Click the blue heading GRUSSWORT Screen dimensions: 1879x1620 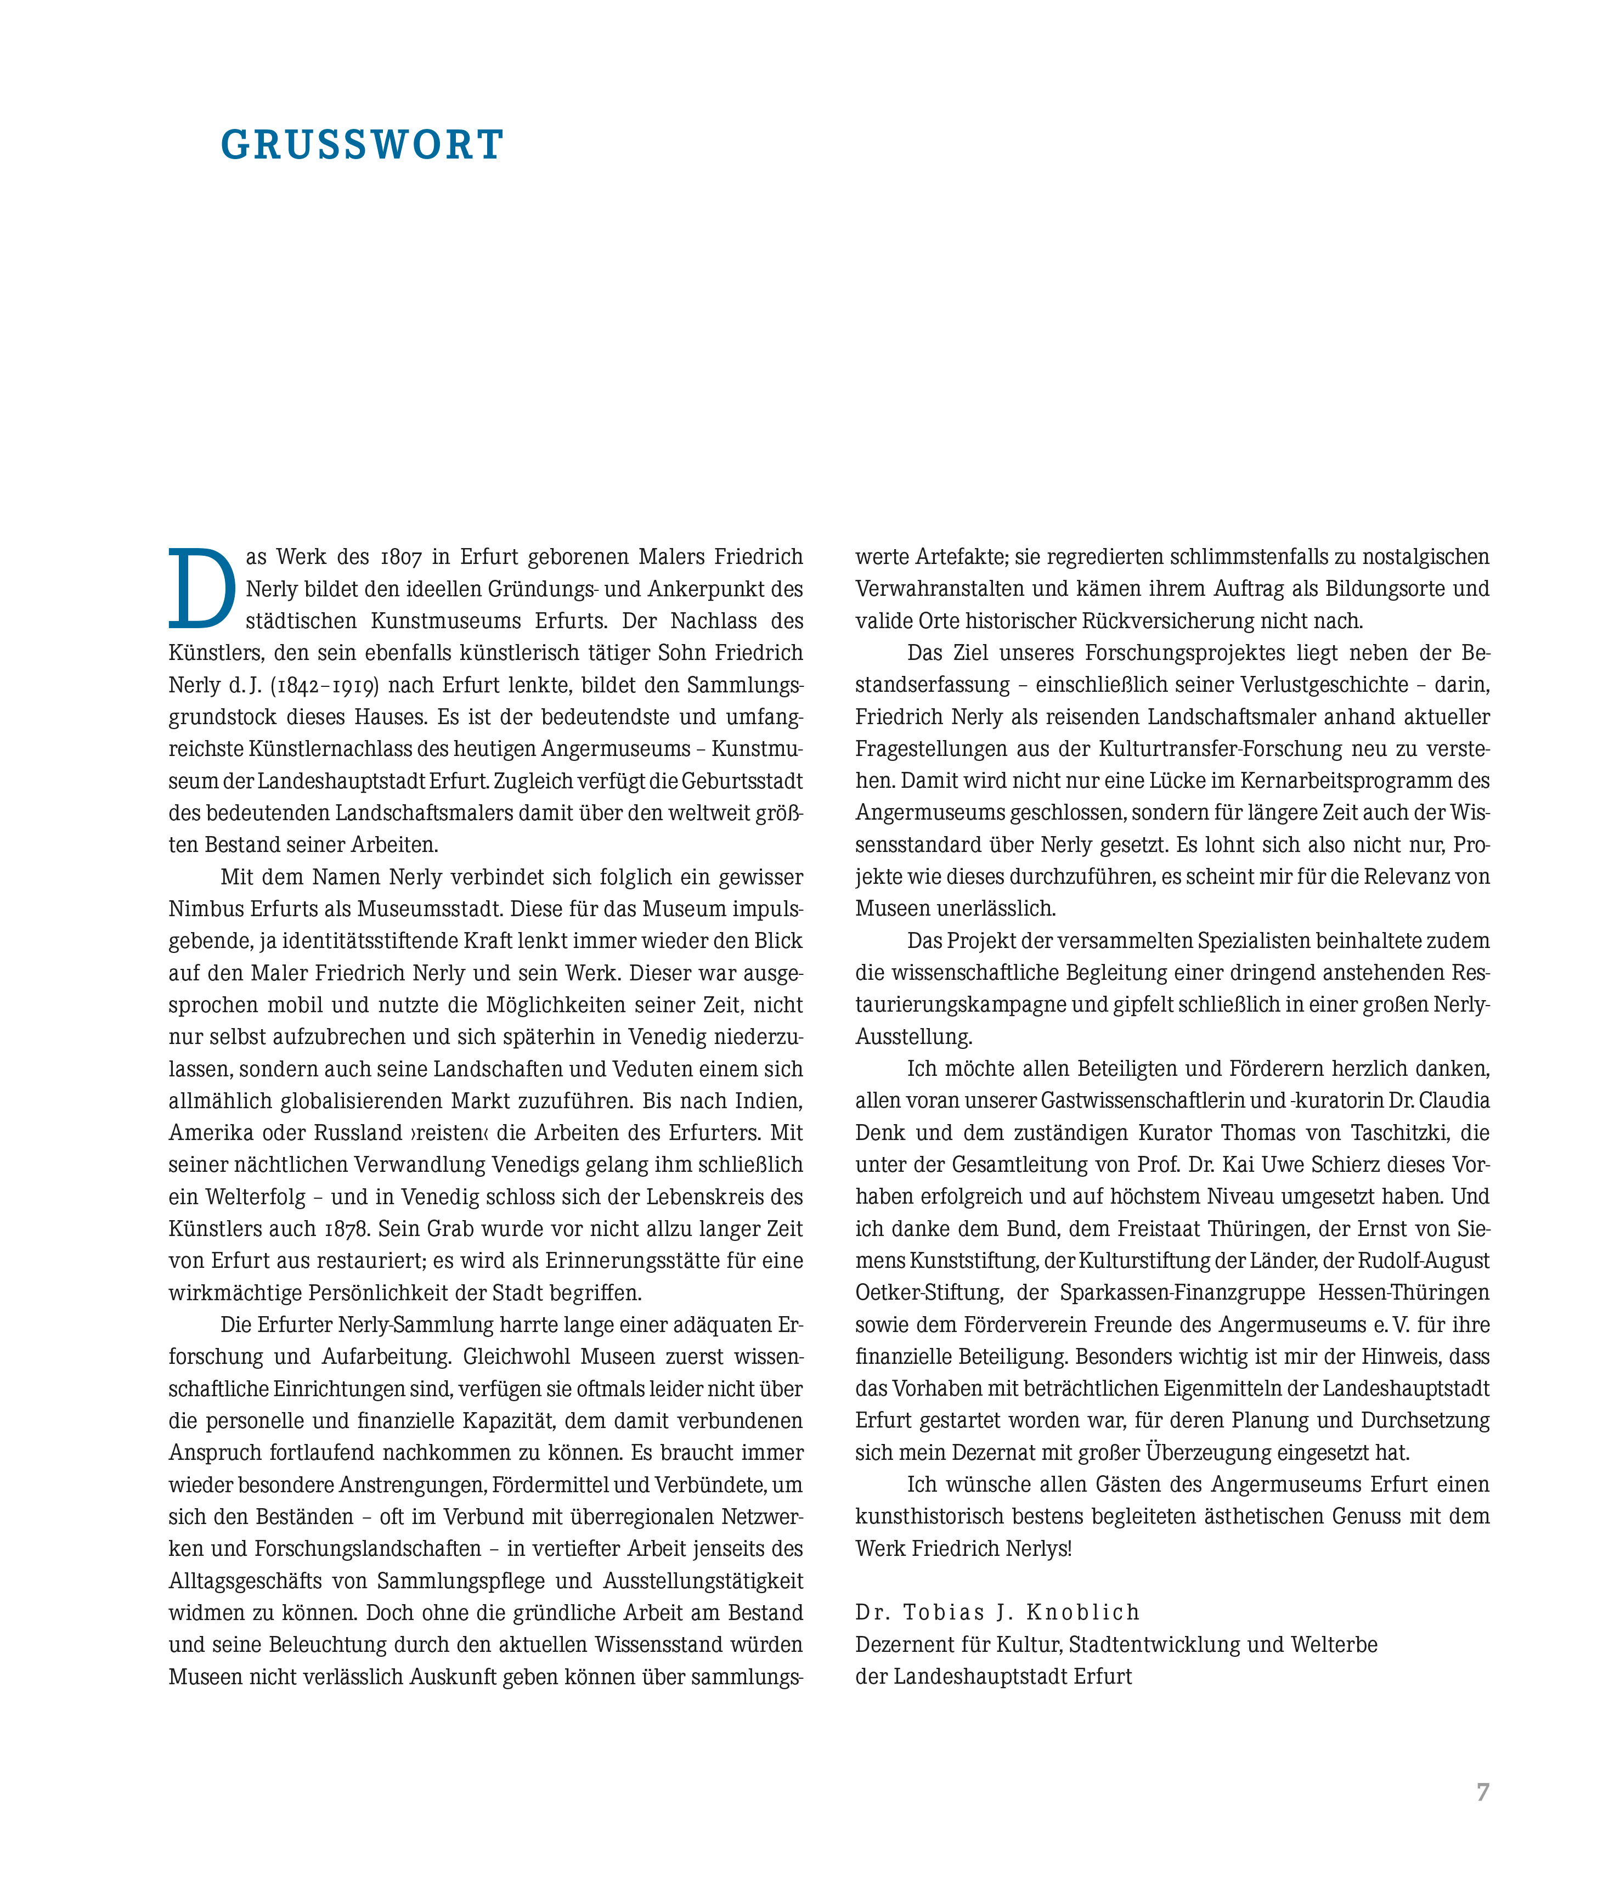point(362,145)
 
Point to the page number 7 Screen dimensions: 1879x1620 point(1482,1792)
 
